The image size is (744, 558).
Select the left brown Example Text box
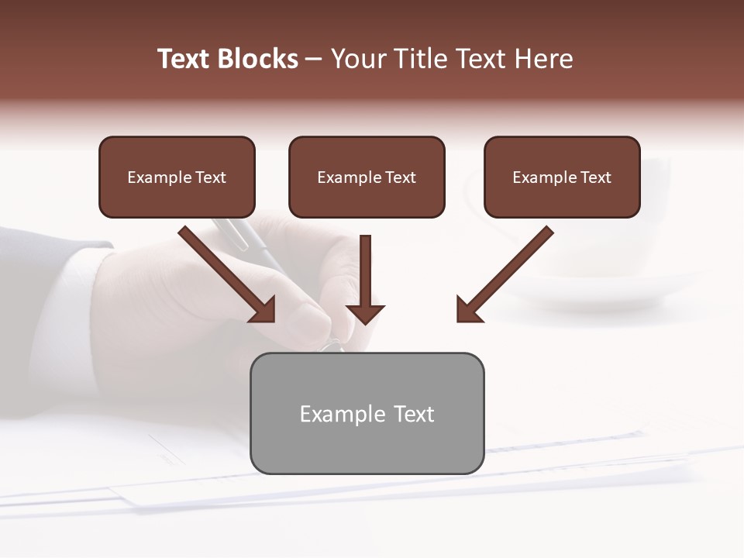pyautogui.click(x=177, y=177)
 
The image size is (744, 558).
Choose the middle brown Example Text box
pyautogui.click(x=367, y=177)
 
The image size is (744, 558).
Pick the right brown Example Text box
pyautogui.click(x=562, y=177)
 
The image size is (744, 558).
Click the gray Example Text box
pyautogui.click(x=367, y=413)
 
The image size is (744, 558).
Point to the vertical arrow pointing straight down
pyautogui.click(x=365, y=271)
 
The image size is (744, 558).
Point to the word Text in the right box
pyautogui.click(x=596, y=177)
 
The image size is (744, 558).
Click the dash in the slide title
pyautogui.click(x=314, y=60)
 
